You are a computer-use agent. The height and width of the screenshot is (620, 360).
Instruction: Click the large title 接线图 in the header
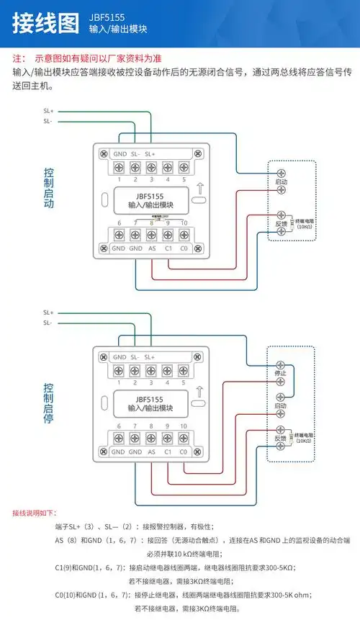pyautogui.click(x=45, y=22)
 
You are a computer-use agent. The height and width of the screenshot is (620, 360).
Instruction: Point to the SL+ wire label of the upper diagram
pyautogui.click(x=48, y=111)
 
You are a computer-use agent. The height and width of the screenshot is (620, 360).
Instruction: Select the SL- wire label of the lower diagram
pyautogui.click(x=48, y=323)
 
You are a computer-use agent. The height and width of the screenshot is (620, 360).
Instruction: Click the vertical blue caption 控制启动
pyautogui.click(x=48, y=189)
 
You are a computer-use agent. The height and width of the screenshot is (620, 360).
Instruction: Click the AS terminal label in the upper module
pyautogui.click(x=152, y=248)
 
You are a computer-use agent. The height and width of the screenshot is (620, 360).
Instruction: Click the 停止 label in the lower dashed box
pyautogui.click(x=282, y=374)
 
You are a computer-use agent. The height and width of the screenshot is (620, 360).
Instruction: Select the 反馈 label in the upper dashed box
pyautogui.click(x=282, y=225)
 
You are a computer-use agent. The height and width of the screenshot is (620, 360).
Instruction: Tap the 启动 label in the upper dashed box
pyautogui.click(x=282, y=184)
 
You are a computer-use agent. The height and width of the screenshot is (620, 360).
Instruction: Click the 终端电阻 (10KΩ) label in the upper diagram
pyautogui.click(x=305, y=223)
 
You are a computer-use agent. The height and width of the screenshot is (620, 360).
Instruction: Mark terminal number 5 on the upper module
pyautogui.click(x=184, y=179)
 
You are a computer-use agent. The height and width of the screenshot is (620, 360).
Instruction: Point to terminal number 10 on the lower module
pyautogui.click(x=184, y=426)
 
